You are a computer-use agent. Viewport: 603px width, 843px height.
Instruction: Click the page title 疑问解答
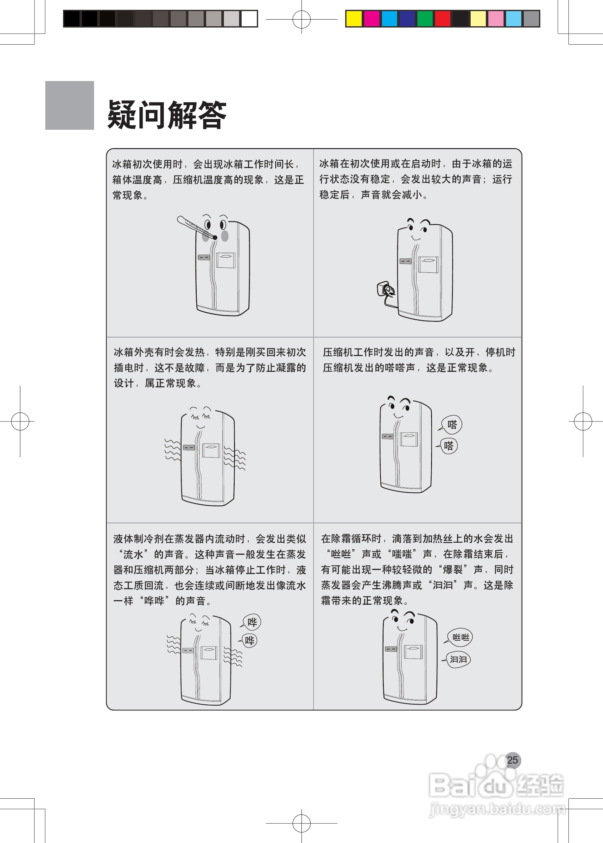[167, 114]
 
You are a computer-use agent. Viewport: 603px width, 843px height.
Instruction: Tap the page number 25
[512, 760]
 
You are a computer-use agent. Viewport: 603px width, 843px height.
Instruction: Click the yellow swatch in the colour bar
[353, 19]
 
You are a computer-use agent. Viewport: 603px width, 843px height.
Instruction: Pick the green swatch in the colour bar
[425, 19]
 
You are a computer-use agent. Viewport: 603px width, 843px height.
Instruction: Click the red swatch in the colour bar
[443, 19]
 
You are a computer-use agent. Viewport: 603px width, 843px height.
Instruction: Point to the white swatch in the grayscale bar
[249, 19]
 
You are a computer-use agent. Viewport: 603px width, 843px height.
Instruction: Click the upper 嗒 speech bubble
[452, 424]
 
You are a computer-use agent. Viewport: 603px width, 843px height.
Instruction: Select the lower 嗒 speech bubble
[448, 446]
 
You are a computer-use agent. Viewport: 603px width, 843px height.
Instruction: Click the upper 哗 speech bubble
[252, 622]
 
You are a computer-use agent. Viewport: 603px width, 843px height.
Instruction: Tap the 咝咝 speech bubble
[460, 637]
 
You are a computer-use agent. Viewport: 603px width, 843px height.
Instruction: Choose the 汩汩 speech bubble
[458, 659]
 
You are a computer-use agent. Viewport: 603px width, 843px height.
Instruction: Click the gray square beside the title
[69, 105]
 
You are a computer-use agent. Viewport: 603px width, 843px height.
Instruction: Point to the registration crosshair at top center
[301, 19]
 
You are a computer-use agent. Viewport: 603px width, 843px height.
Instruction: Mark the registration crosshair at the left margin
[20, 421]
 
